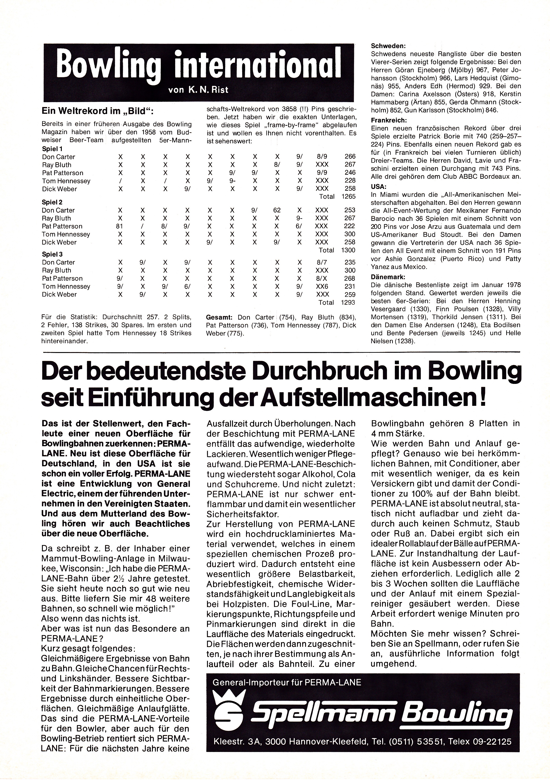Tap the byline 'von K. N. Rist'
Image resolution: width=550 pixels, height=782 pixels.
pyautogui.click(x=198, y=90)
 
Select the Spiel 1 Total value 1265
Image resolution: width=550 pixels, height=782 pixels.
pyautogui.click(x=349, y=197)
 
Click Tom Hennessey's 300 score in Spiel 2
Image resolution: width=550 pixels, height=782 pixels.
pyautogui.click(x=350, y=234)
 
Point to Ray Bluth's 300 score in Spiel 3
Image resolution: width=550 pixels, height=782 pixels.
pyautogui.click(x=350, y=270)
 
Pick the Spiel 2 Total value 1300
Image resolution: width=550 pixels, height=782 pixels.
pyautogui.click(x=349, y=250)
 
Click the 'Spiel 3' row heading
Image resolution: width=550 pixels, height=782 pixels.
pyautogui.click(x=52, y=254)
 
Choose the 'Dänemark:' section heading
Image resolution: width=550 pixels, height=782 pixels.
pyautogui.click(x=388, y=277)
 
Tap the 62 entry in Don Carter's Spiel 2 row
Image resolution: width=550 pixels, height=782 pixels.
pyautogui.click(x=277, y=210)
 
